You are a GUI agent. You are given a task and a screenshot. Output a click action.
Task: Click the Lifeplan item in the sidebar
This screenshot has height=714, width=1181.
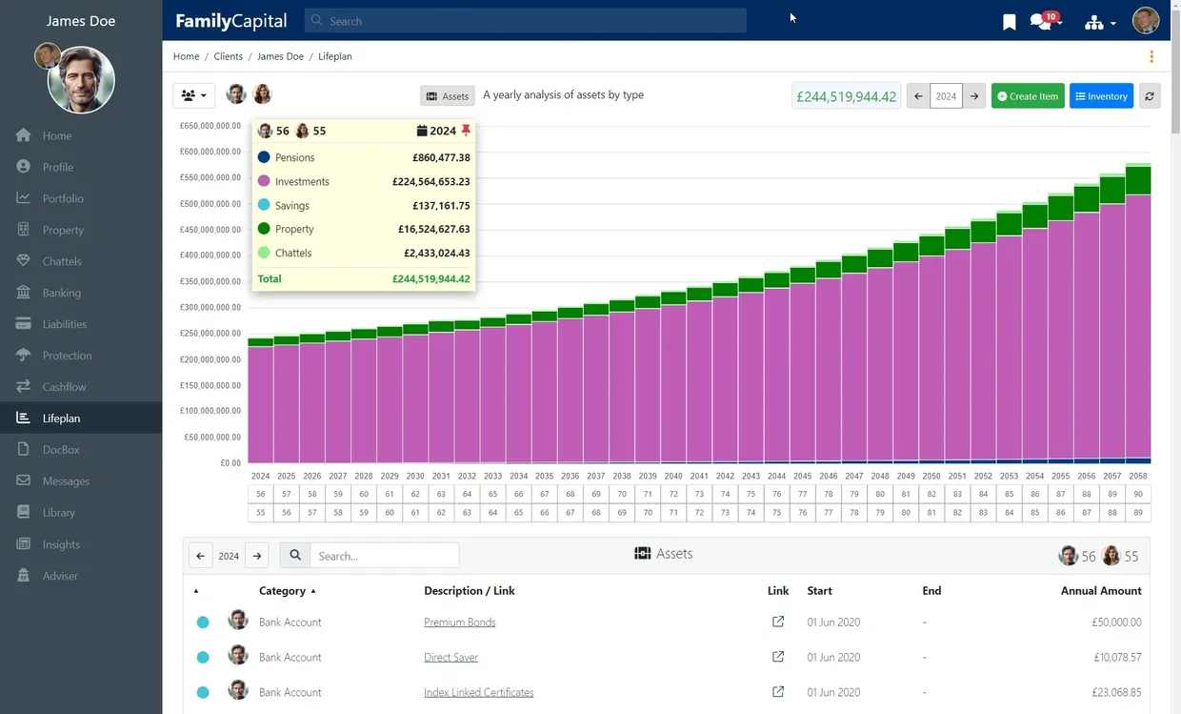click(x=61, y=418)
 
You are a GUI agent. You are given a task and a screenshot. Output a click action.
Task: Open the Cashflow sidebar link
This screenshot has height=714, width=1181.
click(x=64, y=387)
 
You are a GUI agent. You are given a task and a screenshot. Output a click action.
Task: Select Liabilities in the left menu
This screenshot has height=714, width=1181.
click(x=64, y=324)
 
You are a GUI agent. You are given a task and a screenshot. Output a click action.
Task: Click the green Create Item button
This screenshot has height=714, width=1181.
click(x=1028, y=96)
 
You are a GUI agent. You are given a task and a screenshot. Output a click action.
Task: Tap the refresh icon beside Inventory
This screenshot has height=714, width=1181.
click(x=1150, y=96)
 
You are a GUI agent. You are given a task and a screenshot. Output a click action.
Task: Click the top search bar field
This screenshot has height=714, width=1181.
click(x=526, y=21)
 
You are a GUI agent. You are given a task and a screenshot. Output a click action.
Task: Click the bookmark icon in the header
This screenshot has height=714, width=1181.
click(x=1010, y=22)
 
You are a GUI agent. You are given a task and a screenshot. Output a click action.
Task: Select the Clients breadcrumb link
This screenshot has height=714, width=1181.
click(x=228, y=56)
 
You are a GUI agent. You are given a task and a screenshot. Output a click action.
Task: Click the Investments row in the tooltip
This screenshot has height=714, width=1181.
click(x=363, y=181)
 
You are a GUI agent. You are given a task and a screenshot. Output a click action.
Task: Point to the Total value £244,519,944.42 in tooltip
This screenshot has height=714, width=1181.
click(x=430, y=279)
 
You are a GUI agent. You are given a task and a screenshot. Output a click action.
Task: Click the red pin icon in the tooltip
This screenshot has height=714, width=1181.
click(x=466, y=131)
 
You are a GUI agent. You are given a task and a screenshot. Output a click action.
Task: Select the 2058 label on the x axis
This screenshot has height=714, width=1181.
click(x=1138, y=476)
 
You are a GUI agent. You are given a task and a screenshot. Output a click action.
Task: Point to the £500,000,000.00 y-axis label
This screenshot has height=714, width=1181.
click(x=210, y=204)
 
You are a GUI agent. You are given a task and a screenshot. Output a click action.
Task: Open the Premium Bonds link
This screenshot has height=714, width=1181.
click(x=459, y=622)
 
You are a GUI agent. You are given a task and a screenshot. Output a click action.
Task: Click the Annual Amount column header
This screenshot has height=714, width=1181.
click(x=1100, y=591)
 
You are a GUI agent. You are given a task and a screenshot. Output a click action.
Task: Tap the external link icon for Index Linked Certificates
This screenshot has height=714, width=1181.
click(x=778, y=692)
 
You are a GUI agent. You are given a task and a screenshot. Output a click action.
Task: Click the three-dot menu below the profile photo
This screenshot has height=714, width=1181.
click(x=1151, y=56)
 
